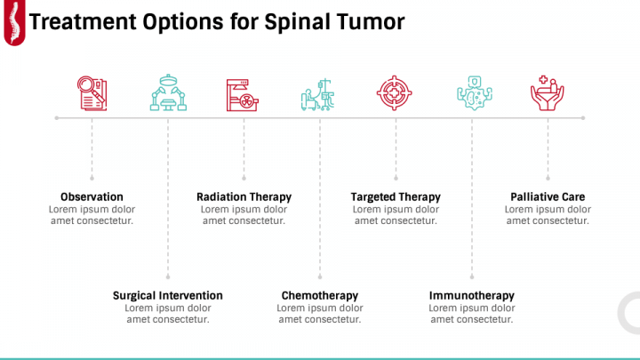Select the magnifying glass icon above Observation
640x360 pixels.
pos(92,92)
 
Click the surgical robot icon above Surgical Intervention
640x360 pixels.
pos(167,92)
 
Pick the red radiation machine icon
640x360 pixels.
pos(244,92)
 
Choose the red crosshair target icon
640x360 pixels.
pos(396,92)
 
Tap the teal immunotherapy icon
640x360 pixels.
pos(471,92)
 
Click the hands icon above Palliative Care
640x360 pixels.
pos(547,92)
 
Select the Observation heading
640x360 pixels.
pos(92,196)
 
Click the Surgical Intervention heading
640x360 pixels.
pos(167,295)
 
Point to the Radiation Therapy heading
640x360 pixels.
pos(244,196)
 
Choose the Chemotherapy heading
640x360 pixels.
pos(319,295)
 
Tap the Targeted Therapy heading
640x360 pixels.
pos(396,196)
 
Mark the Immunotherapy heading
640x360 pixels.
pos(471,295)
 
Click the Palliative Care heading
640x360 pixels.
pos(548,196)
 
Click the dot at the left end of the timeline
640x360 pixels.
pos(57,117)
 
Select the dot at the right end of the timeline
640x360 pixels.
pos(583,117)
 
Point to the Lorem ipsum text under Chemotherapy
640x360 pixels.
pos(319,314)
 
